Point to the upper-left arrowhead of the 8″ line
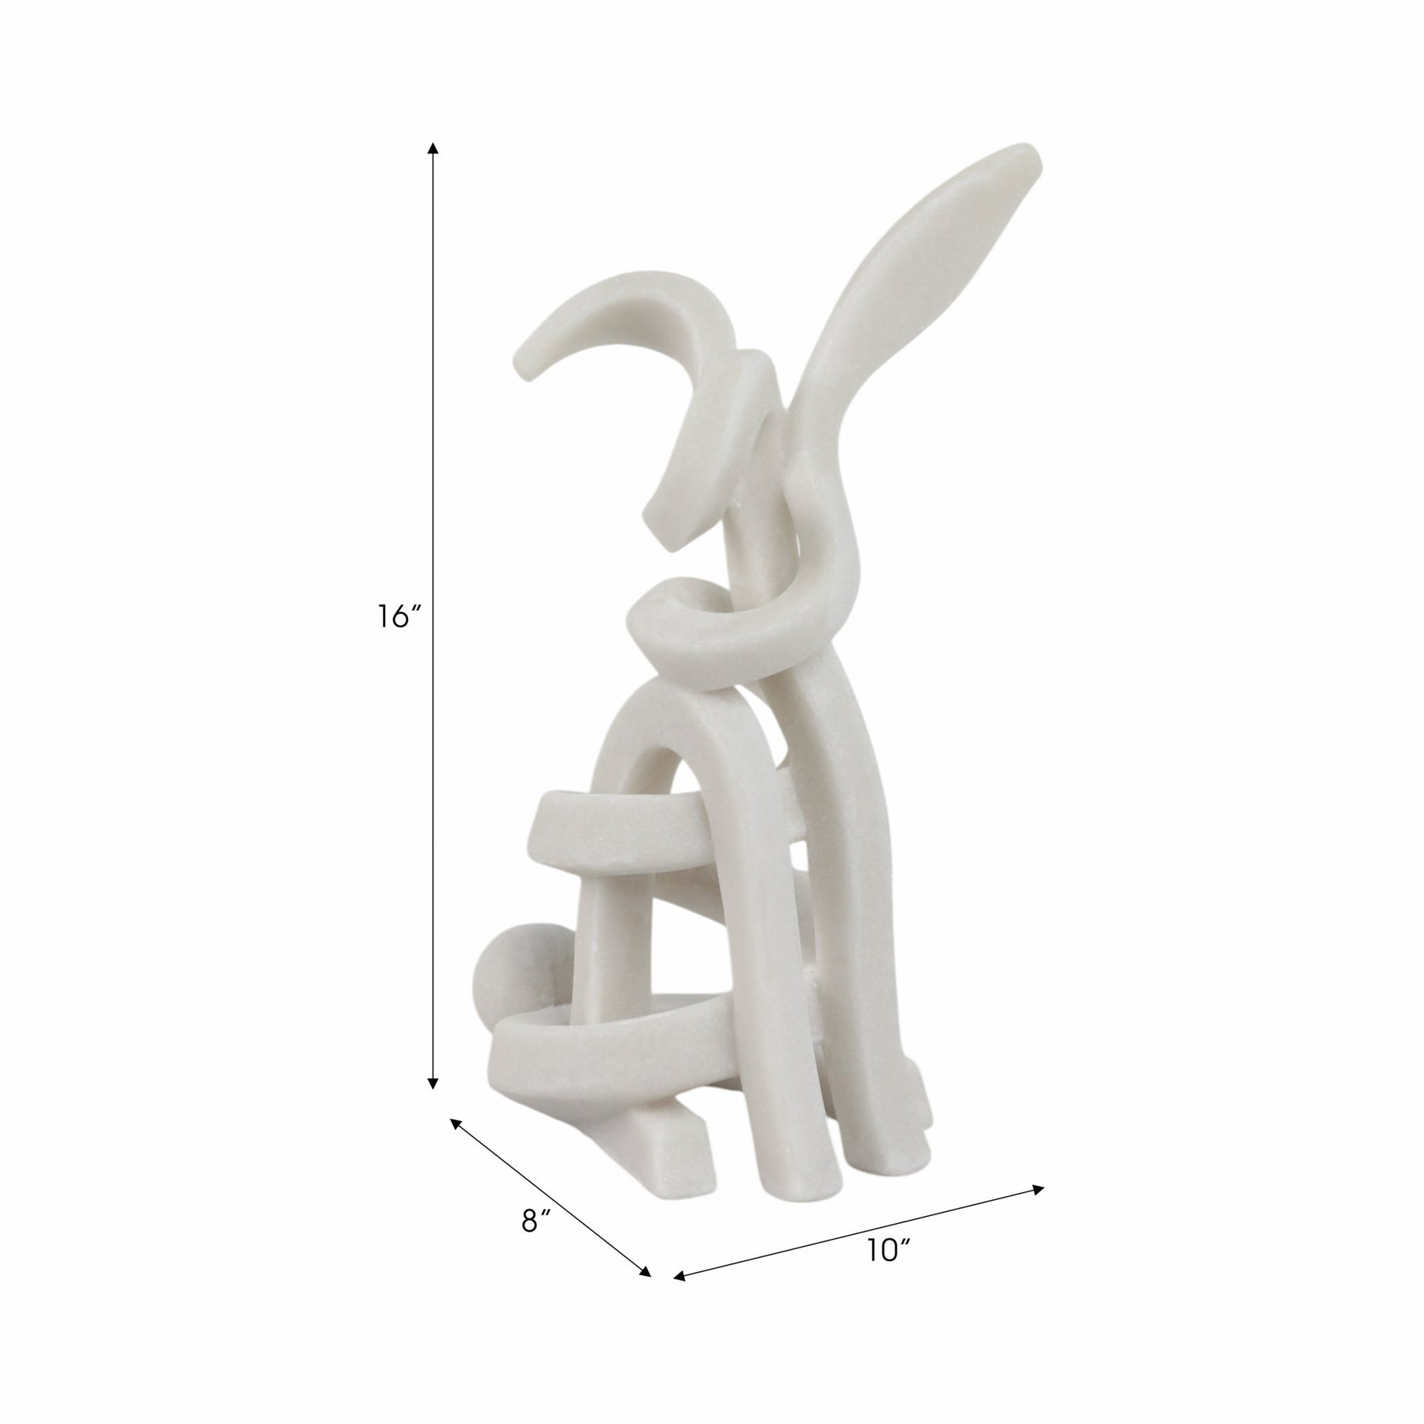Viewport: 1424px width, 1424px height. [456, 1123]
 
